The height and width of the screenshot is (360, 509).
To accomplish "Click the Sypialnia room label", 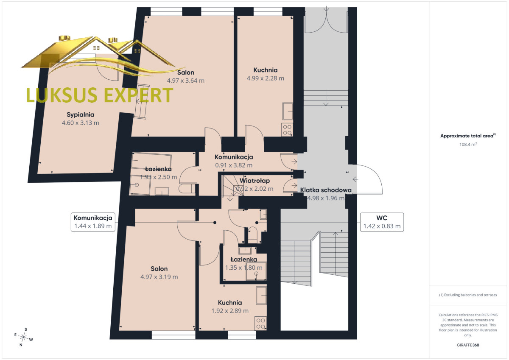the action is [x=80, y=114].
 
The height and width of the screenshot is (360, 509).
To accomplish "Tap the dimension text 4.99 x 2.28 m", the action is [x=266, y=78].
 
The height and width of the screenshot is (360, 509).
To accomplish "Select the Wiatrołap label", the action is [x=255, y=181].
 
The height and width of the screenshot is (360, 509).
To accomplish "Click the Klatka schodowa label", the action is [x=326, y=190].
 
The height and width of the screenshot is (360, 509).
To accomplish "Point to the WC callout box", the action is [x=382, y=222].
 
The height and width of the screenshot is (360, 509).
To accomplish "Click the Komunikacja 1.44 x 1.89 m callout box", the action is [x=93, y=222].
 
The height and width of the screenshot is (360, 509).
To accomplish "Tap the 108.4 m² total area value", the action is [x=468, y=144].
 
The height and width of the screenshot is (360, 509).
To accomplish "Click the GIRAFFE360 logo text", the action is [x=468, y=345].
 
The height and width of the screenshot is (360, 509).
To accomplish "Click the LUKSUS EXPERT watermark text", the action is [x=100, y=95].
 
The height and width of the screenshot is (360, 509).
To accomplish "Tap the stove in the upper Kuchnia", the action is [x=287, y=130].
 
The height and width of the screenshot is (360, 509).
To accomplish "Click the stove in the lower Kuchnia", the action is [x=260, y=324].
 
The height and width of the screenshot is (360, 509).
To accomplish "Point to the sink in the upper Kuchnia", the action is [x=288, y=111].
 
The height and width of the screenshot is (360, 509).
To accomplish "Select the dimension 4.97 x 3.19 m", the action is [x=159, y=276].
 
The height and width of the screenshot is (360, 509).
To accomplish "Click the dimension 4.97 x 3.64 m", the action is [x=186, y=81].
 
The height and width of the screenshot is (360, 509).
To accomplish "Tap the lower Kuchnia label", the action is [x=230, y=302].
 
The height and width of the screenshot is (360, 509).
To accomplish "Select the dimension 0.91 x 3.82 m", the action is [x=234, y=165].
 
